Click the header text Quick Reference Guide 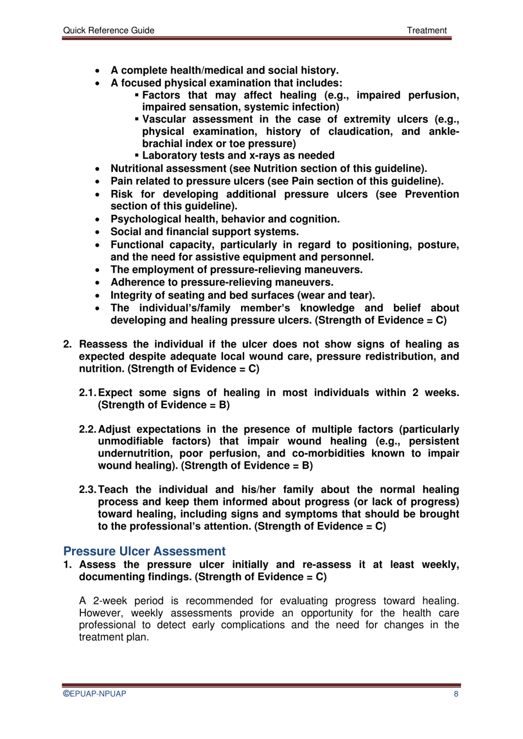coord(108,30)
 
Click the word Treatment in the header coord(427,30)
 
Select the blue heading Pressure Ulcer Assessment coord(144,551)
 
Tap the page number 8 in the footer coord(456,694)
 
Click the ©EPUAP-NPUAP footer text coord(95,694)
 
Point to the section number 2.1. coord(88,393)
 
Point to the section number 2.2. coord(88,429)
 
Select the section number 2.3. coord(88,490)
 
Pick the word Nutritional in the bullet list coord(140,169)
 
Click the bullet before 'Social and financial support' coord(97,232)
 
